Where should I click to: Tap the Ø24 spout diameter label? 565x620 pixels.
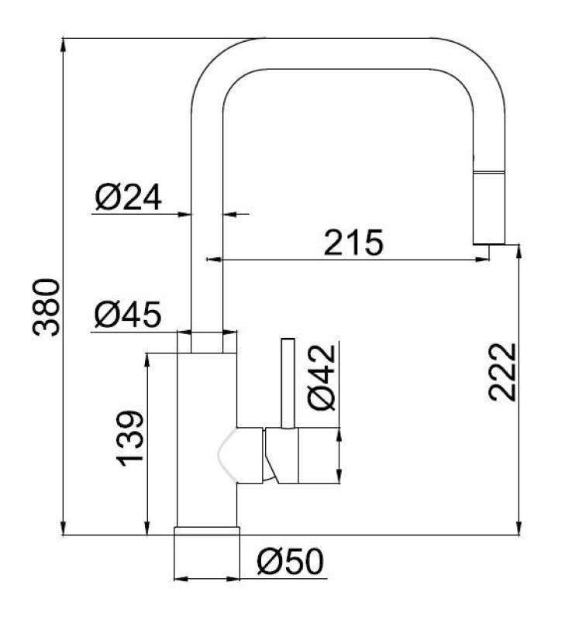[128, 198]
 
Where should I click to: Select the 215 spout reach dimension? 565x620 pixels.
[353, 243]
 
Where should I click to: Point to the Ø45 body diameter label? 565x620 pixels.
[127, 315]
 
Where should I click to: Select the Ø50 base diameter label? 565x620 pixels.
[290, 562]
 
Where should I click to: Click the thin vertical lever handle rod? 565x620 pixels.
[287, 382]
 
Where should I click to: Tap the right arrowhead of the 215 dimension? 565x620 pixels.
[484, 259]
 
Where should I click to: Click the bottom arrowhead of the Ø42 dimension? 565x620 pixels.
[339, 479]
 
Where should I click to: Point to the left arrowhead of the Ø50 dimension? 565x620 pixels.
[181, 577]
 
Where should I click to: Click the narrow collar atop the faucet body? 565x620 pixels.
[206, 343]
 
